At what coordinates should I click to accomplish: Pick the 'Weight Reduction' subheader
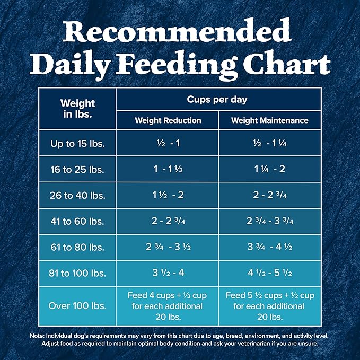(168, 120)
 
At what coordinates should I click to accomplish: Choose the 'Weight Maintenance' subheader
(269, 120)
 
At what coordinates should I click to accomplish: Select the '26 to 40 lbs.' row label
(77, 195)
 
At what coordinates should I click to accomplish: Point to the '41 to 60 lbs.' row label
(77, 221)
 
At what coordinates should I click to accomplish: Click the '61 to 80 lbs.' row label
(77, 247)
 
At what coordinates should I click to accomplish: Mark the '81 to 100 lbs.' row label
(77, 274)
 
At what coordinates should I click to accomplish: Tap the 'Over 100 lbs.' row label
(77, 306)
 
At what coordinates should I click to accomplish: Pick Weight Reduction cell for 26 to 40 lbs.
(168, 195)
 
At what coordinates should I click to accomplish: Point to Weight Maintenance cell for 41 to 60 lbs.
(269, 221)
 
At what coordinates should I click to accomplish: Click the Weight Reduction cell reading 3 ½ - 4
(168, 274)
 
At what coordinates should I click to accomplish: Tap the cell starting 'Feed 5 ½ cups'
(269, 306)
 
